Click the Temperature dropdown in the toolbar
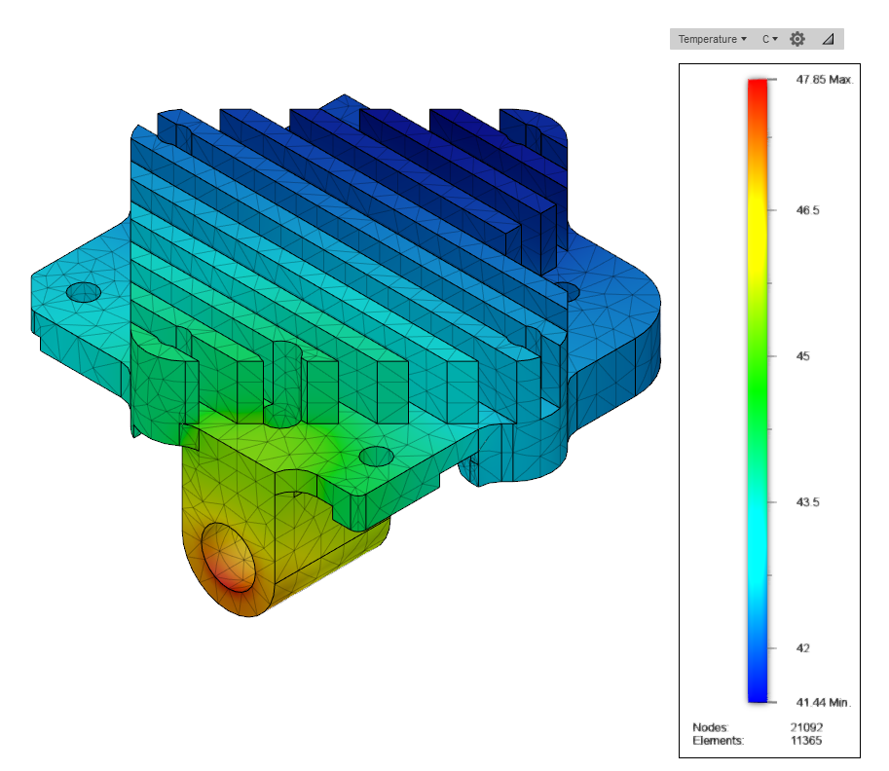[x=712, y=39]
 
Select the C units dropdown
[x=769, y=39]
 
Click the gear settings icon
[x=797, y=39]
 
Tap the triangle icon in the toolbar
[x=828, y=39]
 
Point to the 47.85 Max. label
[x=825, y=80]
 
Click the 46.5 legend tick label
[x=807, y=210]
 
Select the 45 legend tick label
[x=802, y=356]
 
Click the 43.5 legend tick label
[x=807, y=501]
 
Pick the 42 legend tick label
[x=802, y=648]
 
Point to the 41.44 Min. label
[x=823, y=703]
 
